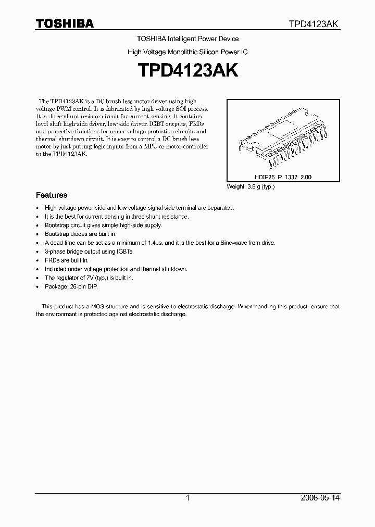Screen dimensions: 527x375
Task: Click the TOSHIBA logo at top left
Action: pyautogui.click(x=65, y=23)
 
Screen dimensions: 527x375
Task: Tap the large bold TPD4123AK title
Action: pyautogui.click(x=187, y=71)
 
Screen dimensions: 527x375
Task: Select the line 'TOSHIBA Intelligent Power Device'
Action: pyautogui.click(x=187, y=39)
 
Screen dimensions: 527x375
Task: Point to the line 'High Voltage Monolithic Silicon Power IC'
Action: pyautogui.click(x=187, y=53)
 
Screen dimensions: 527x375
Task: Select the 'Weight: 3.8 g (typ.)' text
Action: pyautogui.click(x=251, y=186)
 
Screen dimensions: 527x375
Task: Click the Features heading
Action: pyautogui.click(x=52, y=195)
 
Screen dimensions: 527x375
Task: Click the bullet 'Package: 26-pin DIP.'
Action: pyautogui.click(x=71, y=286)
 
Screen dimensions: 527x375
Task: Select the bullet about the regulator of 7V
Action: pyautogui.click(x=89, y=278)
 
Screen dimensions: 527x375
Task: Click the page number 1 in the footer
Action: pyautogui.click(x=187, y=498)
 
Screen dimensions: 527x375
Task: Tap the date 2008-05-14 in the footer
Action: pyautogui.click(x=320, y=498)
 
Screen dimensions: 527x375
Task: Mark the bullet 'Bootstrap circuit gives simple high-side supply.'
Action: pyautogui.click(x=103, y=225)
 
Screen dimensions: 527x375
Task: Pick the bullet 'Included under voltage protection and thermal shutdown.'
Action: pyautogui.click(x=116, y=269)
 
